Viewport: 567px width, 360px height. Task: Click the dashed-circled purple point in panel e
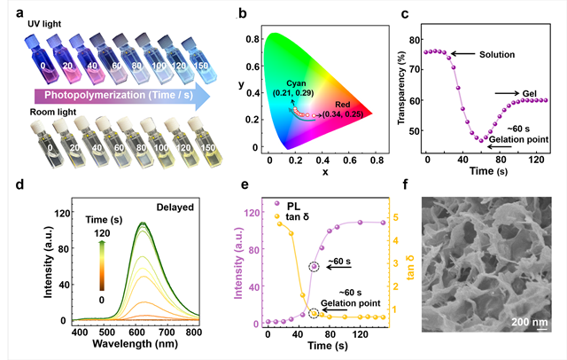(x=314, y=267)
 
